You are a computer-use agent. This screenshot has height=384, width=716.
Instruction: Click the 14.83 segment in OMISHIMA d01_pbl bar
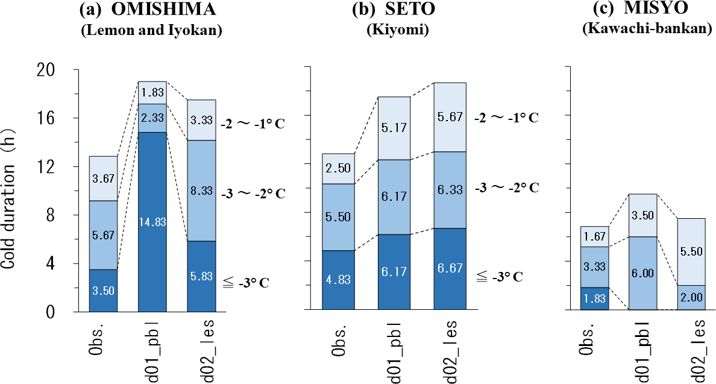click(153, 221)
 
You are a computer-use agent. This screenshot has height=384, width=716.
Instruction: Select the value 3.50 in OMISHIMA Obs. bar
click(103, 290)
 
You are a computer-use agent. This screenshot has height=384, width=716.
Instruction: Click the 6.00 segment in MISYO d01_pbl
click(643, 273)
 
